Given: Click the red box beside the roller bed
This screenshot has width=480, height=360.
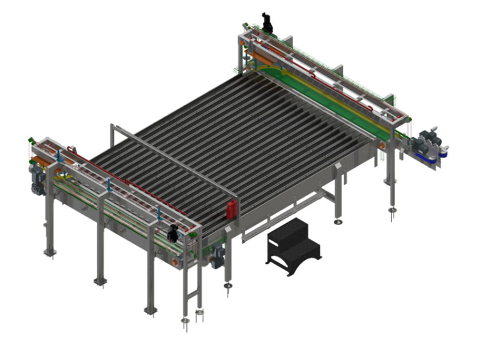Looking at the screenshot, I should [232, 209].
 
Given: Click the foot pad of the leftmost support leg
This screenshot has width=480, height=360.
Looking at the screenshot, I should [47, 252].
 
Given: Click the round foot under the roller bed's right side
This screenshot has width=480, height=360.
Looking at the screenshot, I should [337, 220].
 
